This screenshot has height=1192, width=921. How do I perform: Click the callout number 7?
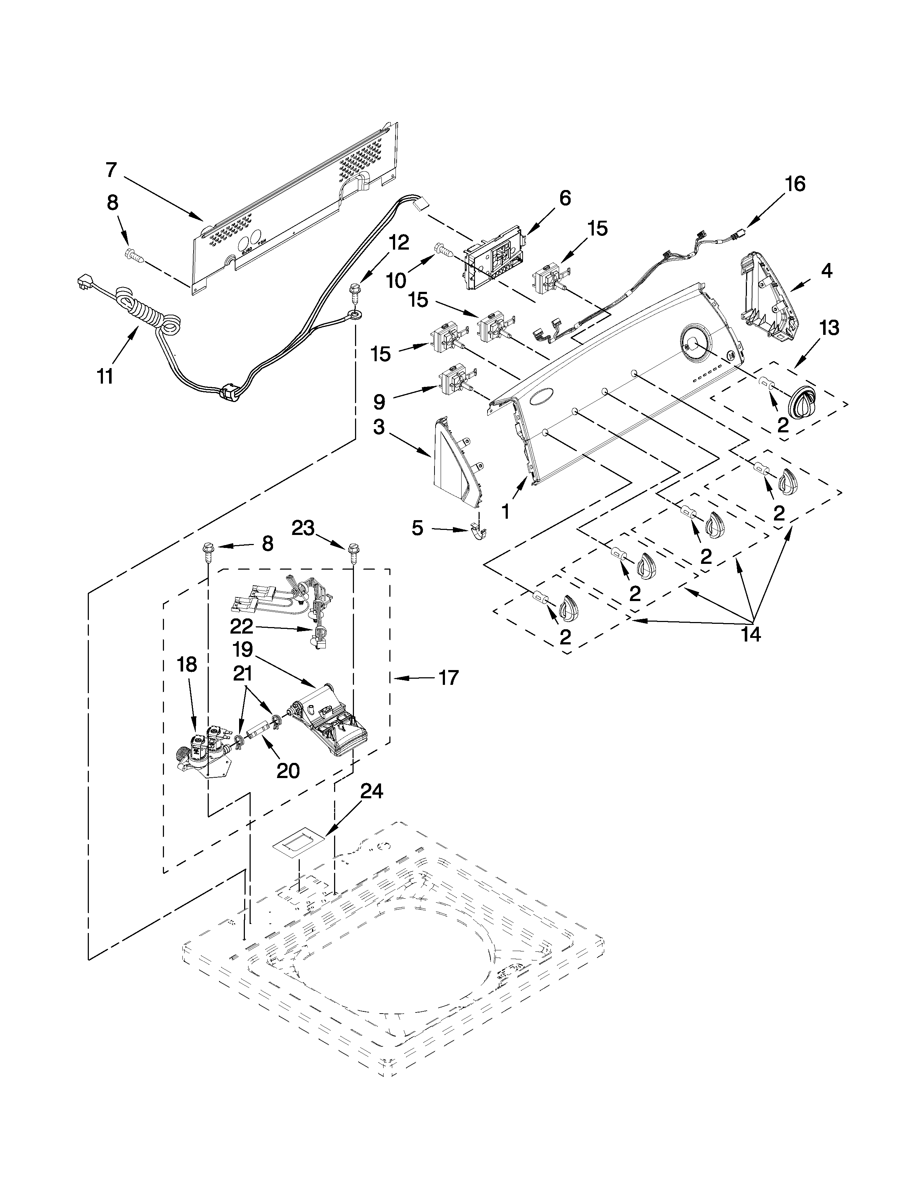[111, 170]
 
